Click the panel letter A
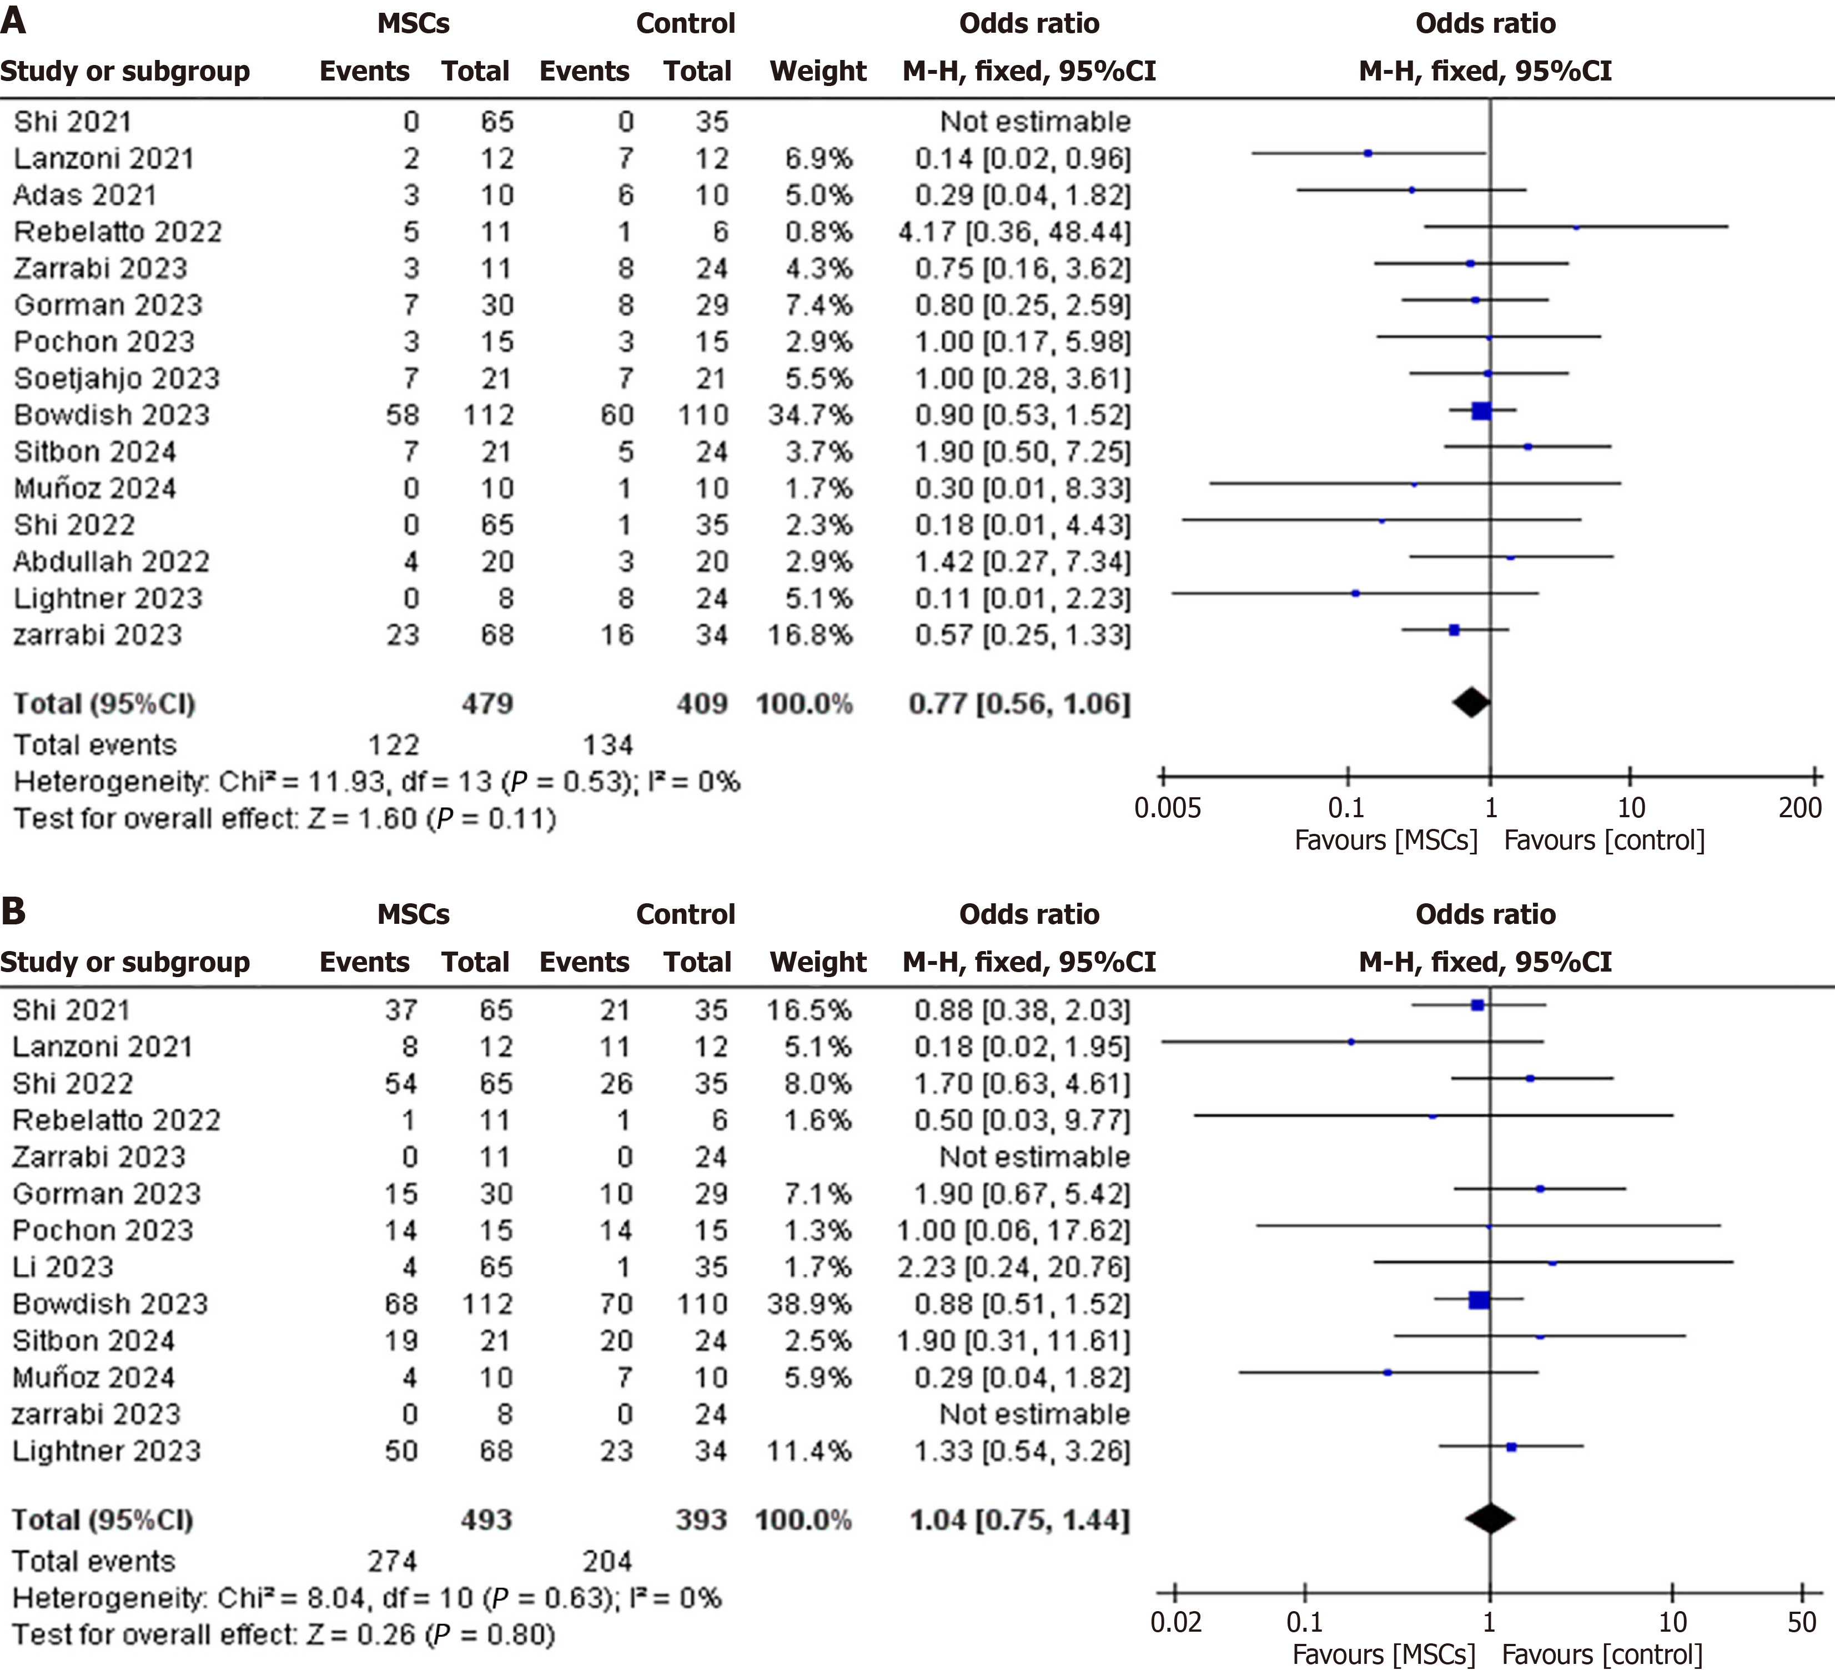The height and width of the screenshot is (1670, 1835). (x=14, y=20)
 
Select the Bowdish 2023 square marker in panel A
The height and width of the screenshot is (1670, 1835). (x=1481, y=410)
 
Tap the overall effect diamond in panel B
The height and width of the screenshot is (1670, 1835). (x=1489, y=1517)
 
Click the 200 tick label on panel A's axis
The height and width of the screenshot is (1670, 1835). (x=1799, y=807)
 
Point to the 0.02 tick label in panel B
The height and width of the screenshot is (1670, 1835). (x=1176, y=1622)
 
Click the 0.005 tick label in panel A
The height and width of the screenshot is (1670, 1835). (x=1167, y=807)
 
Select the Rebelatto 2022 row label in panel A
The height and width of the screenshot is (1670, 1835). (x=117, y=232)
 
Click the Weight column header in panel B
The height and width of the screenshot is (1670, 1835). (x=817, y=962)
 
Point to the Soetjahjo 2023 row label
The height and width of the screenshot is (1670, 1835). (x=117, y=379)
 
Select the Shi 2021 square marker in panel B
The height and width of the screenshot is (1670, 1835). (x=1477, y=1005)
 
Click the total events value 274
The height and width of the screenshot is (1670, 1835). (x=393, y=1561)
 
